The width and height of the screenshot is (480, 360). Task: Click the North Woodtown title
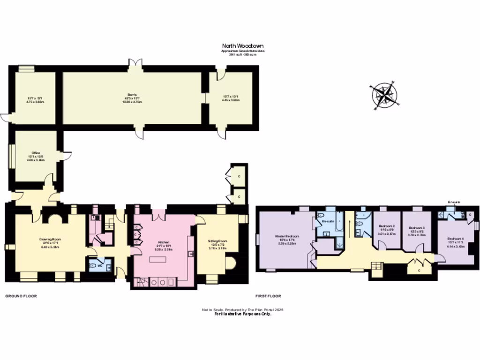[x=242, y=46]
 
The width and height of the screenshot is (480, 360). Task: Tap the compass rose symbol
[x=384, y=95]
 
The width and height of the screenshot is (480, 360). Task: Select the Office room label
[x=36, y=153]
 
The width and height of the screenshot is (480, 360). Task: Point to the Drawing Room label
[x=50, y=239]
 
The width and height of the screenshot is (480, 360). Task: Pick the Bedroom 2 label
[x=387, y=226]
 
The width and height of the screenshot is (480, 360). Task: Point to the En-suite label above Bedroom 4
[x=454, y=202]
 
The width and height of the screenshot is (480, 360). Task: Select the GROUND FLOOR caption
[x=21, y=296]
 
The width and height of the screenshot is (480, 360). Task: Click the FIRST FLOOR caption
[x=268, y=296]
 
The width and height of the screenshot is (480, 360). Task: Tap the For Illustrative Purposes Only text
[x=243, y=314]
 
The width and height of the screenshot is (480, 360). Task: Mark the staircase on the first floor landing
[x=376, y=268]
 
